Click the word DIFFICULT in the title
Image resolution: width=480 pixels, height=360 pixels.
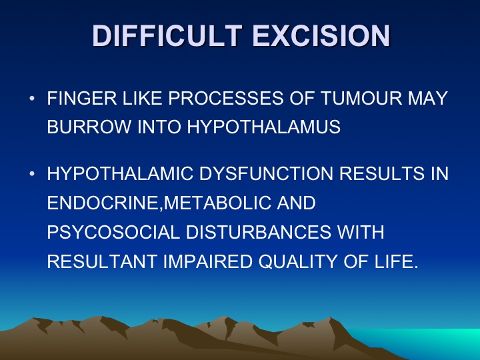[x=167, y=35]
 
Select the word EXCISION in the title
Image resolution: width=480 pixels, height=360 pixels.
[x=321, y=35]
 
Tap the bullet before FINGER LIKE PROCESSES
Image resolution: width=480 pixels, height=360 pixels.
[x=32, y=99]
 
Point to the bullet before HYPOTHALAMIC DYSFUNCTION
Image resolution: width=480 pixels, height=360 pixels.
[x=32, y=174]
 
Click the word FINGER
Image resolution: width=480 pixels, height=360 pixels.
[x=82, y=98]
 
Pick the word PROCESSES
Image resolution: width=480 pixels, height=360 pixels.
[x=225, y=98]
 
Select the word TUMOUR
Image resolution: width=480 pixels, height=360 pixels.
[x=361, y=98]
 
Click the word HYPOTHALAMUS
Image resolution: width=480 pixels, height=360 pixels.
[x=263, y=127]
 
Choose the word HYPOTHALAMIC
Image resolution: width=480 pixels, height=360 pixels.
[x=120, y=173]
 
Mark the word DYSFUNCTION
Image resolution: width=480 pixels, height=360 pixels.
[x=266, y=173]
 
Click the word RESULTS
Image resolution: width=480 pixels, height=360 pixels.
[x=382, y=173]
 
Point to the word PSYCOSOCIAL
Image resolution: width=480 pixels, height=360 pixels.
[x=113, y=233]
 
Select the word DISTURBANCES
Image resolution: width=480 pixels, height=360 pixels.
[x=259, y=233]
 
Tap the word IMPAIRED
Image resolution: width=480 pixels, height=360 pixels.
[x=207, y=262]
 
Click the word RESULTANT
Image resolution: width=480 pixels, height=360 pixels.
[x=102, y=262]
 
